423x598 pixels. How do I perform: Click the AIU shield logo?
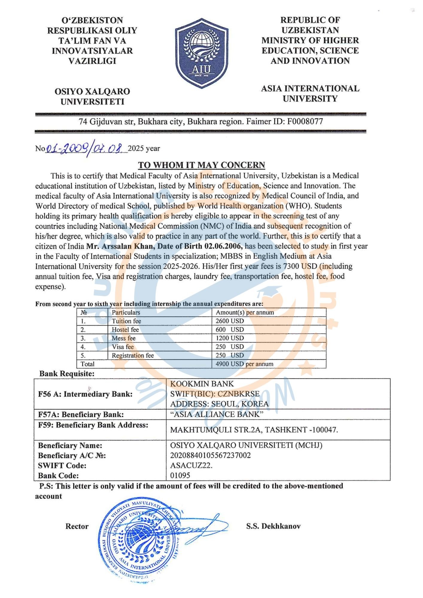pyautogui.click(x=202, y=53)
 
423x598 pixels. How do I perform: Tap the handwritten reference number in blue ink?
pyautogui.click(x=85, y=148)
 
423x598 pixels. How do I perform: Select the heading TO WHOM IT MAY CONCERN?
pyautogui.click(x=201, y=165)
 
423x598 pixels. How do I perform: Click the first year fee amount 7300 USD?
pyautogui.click(x=300, y=266)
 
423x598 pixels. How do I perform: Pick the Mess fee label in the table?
pyautogui.click(x=124, y=338)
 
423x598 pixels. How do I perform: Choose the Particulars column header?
pyautogui.click(x=126, y=312)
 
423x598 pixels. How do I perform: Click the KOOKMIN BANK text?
pyautogui.click(x=202, y=384)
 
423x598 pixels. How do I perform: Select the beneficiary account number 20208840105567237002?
pyautogui.click(x=210, y=455)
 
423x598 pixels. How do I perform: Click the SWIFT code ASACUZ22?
pyautogui.click(x=191, y=466)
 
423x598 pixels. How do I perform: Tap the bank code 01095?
pyautogui.click(x=180, y=475)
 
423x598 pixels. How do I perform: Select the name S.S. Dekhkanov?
pyautogui.click(x=273, y=526)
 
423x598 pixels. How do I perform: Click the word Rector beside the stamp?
pyautogui.click(x=77, y=526)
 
